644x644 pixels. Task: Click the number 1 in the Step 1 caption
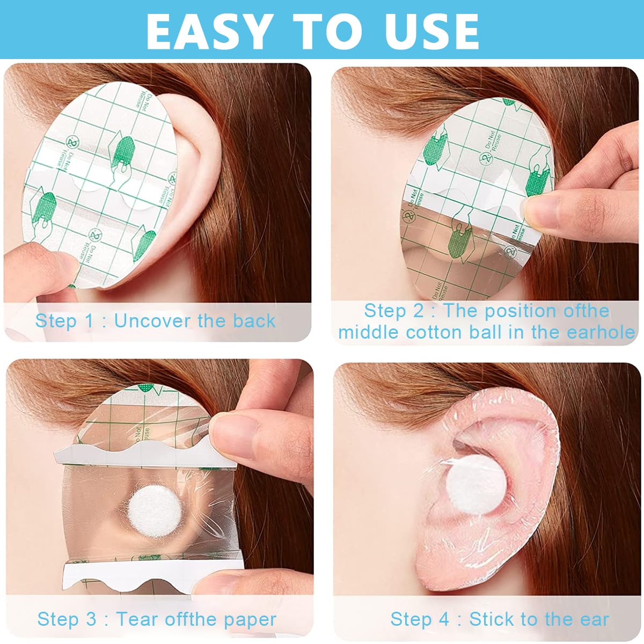tap(89, 321)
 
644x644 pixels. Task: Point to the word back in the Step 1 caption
tap(254, 321)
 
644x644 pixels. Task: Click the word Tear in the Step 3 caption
tap(137, 619)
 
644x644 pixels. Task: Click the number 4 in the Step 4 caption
tap(444, 619)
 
